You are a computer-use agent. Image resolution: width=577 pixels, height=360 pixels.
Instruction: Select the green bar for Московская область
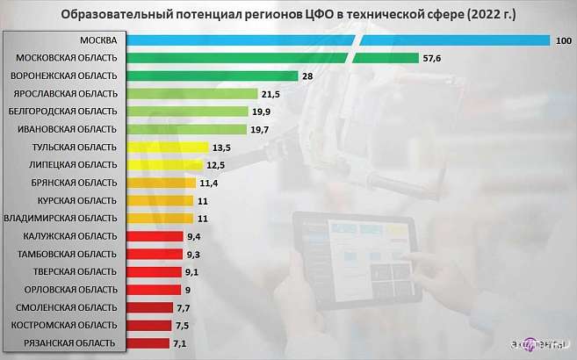273,58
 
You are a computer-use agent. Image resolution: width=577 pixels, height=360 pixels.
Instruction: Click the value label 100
564,40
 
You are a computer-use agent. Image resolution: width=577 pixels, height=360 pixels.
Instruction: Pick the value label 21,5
270,94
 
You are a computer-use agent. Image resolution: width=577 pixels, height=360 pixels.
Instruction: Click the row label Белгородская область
61,112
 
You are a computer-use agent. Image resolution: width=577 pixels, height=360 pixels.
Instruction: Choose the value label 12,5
217,165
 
